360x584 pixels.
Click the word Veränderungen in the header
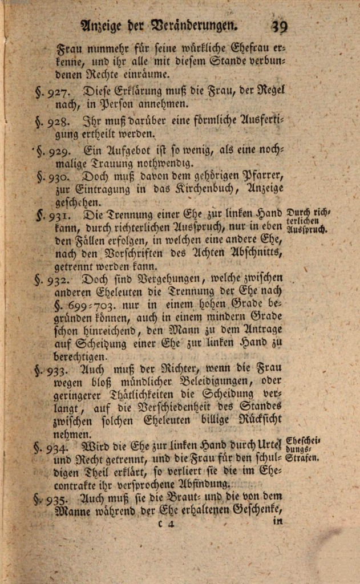click(x=191, y=25)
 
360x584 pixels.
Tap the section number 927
click(x=60, y=91)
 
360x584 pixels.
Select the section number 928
click(x=60, y=121)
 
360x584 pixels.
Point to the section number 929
click(x=60, y=152)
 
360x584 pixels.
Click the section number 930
click(x=60, y=177)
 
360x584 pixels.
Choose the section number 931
click(x=60, y=216)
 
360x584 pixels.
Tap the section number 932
click(x=60, y=280)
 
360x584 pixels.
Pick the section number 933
click(x=60, y=370)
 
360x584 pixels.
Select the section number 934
click(x=60, y=447)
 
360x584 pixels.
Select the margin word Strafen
click(x=302, y=457)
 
